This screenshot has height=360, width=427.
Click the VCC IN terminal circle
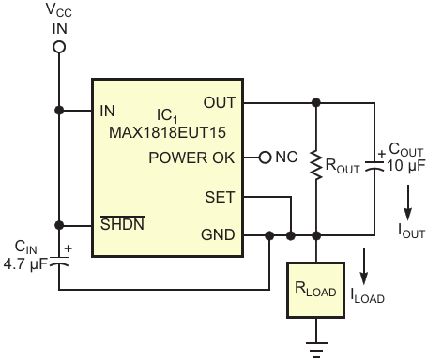click(x=59, y=47)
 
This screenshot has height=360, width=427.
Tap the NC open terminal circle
click(x=265, y=157)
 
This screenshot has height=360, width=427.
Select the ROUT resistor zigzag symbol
click(x=316, y=166)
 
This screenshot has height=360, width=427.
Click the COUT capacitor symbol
click(x=374, y=166)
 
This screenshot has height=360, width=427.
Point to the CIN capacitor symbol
click(x=59, y=262)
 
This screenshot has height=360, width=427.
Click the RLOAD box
click(x=316, y=291)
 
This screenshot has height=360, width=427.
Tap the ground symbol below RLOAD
click(x=316, y=350)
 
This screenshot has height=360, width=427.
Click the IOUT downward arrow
click(x=407, y=202)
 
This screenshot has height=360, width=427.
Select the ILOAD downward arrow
click(x=363, y=266)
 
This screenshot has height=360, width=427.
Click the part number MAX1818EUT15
click(x=167, y=132)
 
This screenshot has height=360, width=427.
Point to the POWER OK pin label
click(x=191, y=157)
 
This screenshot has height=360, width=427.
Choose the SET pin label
click(x=220, y=197)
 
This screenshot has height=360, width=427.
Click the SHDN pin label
click(x=122, y=223)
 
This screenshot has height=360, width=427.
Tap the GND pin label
click(x=218, y=234)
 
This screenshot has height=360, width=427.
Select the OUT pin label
click(x=220, y=102)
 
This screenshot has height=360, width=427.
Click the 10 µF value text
click(x=406, y=166)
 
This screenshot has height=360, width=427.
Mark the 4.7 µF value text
click(x=25, y=264)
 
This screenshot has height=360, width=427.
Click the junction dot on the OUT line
click(x=316, y=102)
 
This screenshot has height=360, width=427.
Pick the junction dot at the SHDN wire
click(x=59, y=225)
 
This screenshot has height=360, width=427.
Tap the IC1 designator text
click(x=167, y=115)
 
